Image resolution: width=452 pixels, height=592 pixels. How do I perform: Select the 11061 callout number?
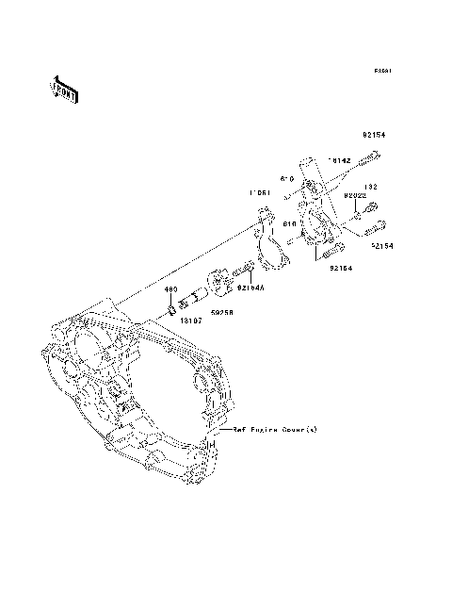(x=261, y=194)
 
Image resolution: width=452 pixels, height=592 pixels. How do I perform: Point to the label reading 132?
(x=371, y=186)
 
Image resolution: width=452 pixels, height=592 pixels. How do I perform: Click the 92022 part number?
(x=354, y=195)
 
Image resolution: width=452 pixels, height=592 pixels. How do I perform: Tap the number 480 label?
(x=170, y=289)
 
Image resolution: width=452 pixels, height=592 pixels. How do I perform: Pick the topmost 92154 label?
(x=374, y=134)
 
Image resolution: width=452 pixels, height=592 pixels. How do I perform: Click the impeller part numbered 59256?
(x=218, y=283)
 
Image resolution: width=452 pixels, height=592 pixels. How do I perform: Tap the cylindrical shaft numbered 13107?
(x=192, y=300)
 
